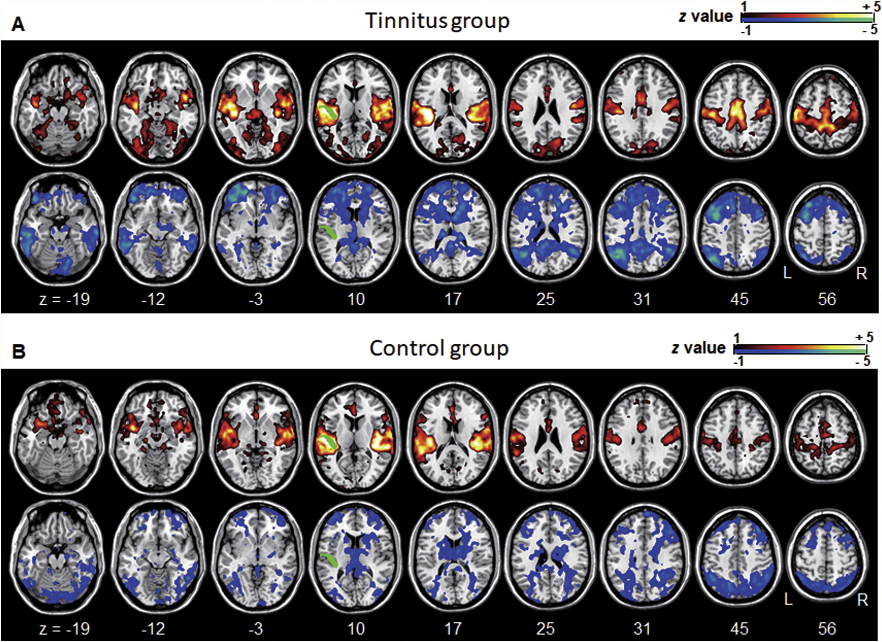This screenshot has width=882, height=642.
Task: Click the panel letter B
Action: tap(19, 351)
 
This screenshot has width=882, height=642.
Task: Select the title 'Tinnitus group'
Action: tap(437, 21)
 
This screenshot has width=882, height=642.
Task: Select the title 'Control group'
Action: tap(439, 348)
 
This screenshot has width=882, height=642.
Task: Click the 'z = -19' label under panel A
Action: tap(65, 299)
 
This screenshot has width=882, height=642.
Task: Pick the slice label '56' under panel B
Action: tap(827, 628)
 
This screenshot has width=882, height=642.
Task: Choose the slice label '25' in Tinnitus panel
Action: tap(545, 299)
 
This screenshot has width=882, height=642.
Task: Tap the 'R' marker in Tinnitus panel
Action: tap(862, 274)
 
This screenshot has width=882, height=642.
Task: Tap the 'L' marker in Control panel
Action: tap(788, 600)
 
